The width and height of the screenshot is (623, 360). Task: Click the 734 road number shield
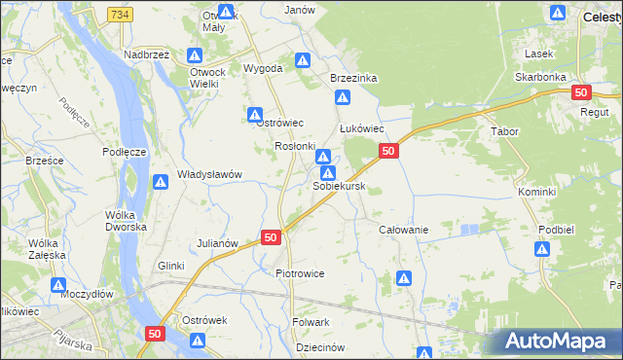pos(121,15)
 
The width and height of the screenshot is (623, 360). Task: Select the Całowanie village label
pos(404,229)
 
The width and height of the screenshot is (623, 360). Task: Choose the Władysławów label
pos(209,174)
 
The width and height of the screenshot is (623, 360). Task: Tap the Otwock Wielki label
pos(217,78)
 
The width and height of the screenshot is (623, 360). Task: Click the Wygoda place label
pos(263,68)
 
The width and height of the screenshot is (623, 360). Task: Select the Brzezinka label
pos(353,77)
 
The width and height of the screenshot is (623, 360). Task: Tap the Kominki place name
pos(536,192)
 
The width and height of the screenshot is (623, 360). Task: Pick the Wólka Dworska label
pos(127,220)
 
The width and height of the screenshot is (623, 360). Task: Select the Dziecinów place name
pos(320,346)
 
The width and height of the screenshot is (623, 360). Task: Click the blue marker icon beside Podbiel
pos(543,249)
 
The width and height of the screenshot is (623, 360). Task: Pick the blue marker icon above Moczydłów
pos(58,287)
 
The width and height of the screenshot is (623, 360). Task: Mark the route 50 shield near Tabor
pos(581,92)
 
